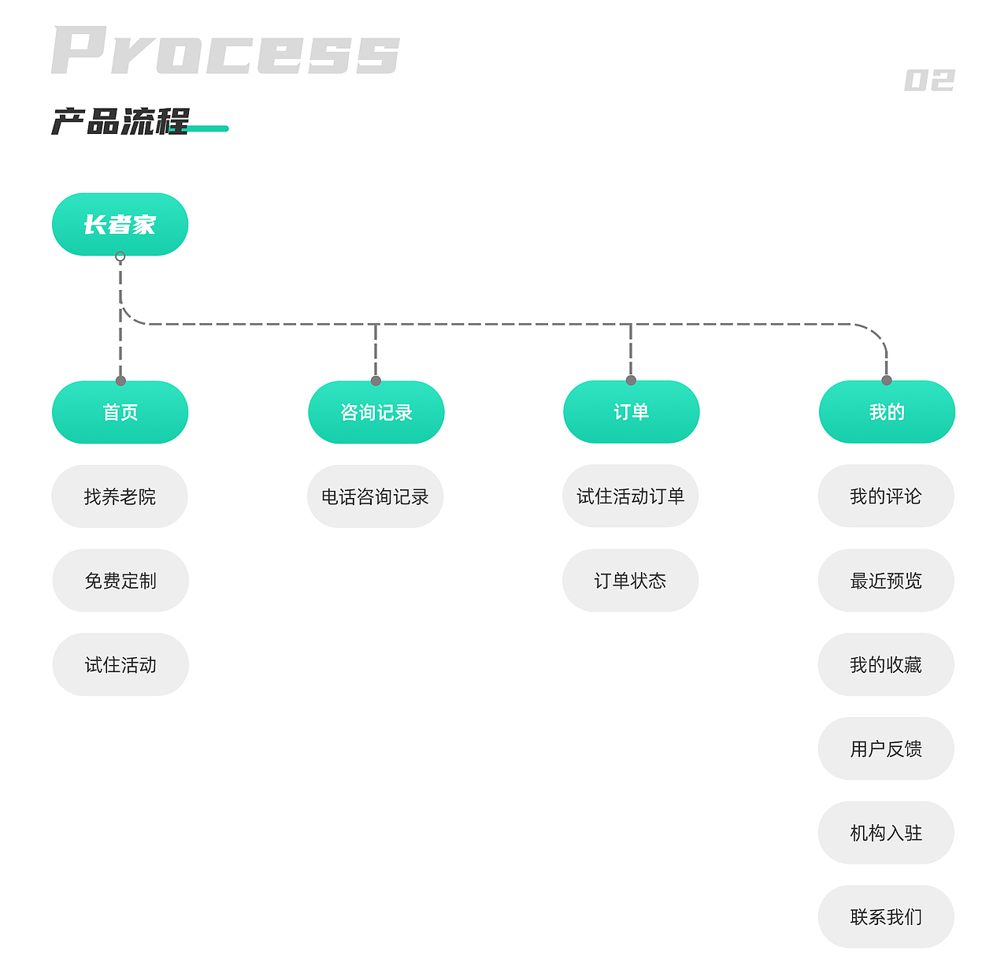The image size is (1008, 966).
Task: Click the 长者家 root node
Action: [x=120, y=225]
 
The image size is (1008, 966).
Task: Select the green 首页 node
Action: [x=120, y=412]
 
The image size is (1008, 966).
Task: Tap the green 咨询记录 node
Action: [x=376, y=412]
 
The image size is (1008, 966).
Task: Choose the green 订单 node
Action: [x=631, y=412]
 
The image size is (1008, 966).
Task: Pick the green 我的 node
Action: [x=887, y=412]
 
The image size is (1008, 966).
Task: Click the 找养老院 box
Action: [x=120, y=496]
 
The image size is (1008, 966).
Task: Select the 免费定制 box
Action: [x=120, y=581]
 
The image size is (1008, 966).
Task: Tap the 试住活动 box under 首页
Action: [x=120, y=665]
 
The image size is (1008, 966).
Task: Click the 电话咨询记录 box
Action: [x=375, y=496]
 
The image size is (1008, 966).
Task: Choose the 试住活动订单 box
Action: [x=630, y=496]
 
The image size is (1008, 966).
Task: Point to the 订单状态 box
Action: [x=630, y=581]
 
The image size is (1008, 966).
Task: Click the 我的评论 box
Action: [x=886, y=496]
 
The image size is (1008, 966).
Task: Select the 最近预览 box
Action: [x=886, y=581]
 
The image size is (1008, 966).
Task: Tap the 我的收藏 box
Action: [x=886, y=665]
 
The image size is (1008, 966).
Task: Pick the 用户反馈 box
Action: [x=886, y=749]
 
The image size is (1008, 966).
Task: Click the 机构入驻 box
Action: [x=886, y=833]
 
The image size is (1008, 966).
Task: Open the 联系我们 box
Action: [x=886, y=917]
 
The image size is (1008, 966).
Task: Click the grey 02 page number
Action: [x=929, y=80]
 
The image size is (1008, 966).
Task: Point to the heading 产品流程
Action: [x=120, y=122]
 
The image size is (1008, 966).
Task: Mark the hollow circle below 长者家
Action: [x=120, y=257]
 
